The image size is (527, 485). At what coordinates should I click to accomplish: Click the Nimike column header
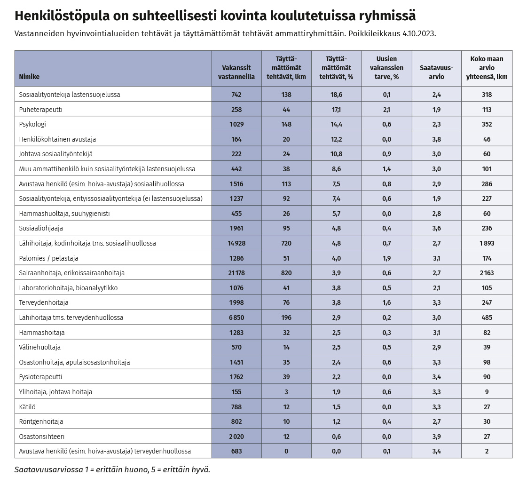click(29, 77)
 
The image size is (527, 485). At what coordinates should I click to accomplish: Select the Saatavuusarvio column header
click(437, 72)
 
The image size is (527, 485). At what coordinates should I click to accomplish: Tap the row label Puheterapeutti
click(41, 110)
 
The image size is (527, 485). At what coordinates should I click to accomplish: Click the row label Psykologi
click(32, 125)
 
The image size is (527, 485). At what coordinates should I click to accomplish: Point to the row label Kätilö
click(27, 407)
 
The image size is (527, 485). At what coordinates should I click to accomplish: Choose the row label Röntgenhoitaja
click(41, 422)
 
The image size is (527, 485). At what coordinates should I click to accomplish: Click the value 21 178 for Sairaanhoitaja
click(236, 273)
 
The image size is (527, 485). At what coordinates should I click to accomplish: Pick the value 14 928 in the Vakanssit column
click(236, 243)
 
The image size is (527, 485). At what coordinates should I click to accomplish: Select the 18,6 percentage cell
click(337, 95)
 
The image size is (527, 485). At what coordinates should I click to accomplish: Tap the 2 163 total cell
click(487, 273)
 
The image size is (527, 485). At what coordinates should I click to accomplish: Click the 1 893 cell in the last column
click(487, 243)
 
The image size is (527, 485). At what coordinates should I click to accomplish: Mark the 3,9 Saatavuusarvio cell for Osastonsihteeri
click(437, 437)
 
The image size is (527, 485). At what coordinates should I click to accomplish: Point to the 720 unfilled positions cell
click(286, 243)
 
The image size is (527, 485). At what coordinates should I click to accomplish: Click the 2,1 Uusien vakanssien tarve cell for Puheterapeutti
click(386, 110)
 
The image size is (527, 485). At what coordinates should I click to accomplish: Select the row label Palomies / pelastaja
click(48, 258)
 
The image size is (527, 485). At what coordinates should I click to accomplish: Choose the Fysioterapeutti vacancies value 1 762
click(236, 377)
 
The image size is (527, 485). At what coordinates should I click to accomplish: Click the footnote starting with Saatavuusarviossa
click(112, 469)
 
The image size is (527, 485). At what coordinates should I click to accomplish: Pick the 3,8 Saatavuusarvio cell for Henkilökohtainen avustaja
click(437, 139)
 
